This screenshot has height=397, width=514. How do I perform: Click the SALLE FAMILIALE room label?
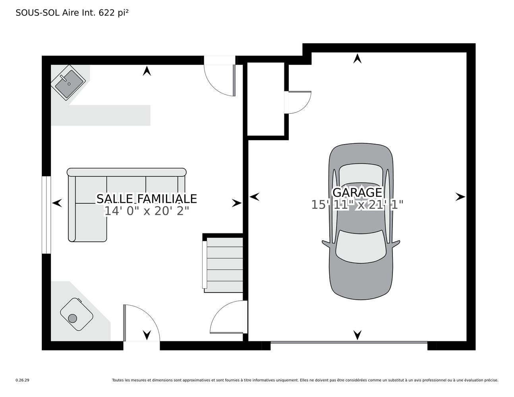pos(147,198)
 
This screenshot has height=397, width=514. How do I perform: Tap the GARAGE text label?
pos(357,192)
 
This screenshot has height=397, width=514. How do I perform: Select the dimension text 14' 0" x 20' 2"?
pos(147,210)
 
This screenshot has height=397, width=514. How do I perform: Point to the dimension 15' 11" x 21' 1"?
pos(357,205)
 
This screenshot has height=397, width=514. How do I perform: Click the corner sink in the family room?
pos(68,83)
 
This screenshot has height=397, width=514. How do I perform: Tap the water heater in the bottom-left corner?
pos(76,314)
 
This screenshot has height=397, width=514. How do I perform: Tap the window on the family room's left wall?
pos(46,215)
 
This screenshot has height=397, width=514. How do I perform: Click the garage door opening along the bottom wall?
pos(349,342)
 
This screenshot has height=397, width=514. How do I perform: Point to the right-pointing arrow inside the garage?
pos(460,197)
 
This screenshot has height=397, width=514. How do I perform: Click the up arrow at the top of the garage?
pos(357,59)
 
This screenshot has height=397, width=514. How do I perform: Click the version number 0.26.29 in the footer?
pos(22,380)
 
